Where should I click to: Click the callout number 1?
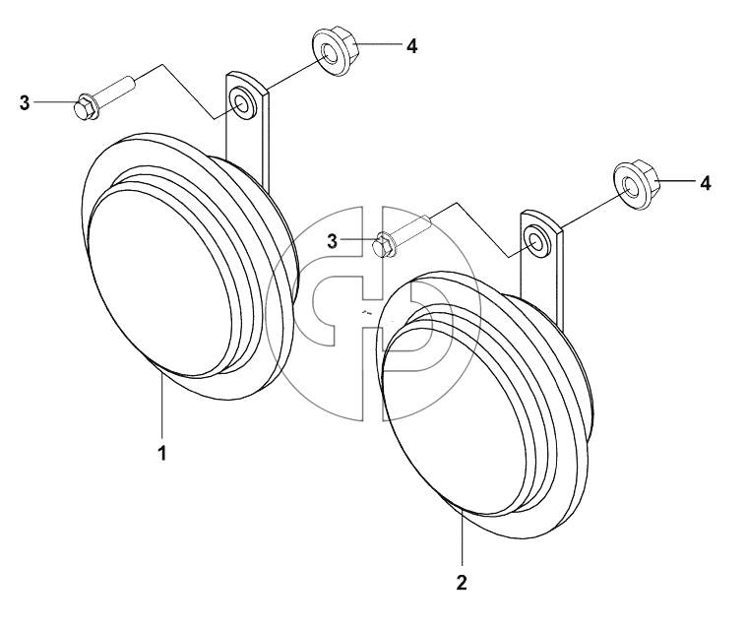click(x=162, y=454)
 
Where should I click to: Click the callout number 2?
click(x=462, y=583)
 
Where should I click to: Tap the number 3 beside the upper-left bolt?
click(x=25, y=102)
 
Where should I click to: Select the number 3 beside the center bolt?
click(x=332, y=241)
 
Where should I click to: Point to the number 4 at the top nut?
click(x=412, y=46)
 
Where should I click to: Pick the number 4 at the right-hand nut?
click(x=706, y=183)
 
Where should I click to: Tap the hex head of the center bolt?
click(x=384, y=244)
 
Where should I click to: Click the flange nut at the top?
click(x=336, y=51)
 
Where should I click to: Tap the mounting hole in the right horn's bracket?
click(x=535, y=241)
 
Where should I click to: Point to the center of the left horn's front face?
click(x=170, y=281)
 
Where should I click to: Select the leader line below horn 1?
click(x=162, y=405)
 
